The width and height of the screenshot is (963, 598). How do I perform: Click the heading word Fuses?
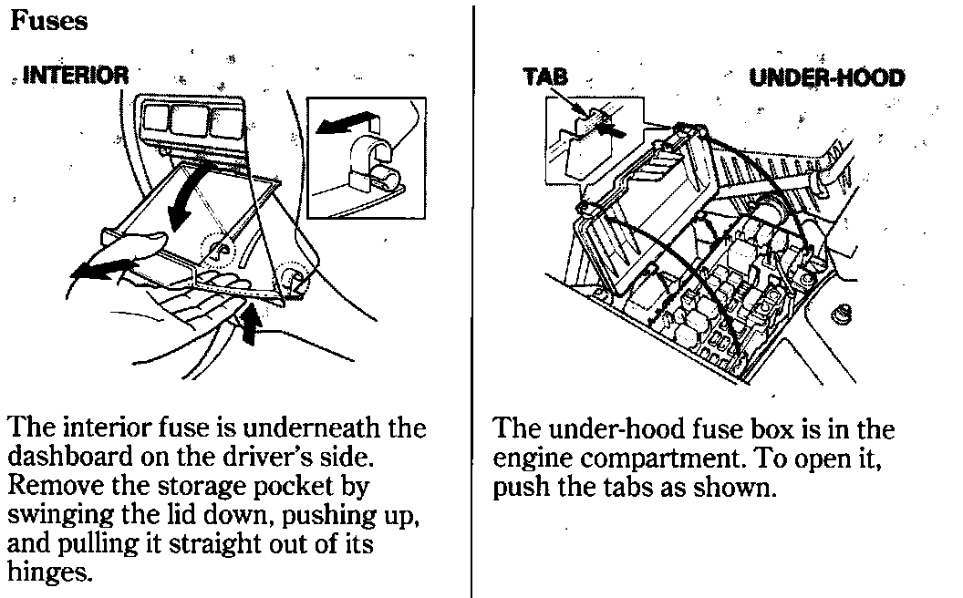pos(48,20)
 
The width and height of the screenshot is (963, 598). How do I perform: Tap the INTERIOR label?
pos(75,76)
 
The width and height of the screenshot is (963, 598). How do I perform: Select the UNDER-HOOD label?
pos(826,77)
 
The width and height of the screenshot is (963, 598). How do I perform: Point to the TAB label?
pos(545,77)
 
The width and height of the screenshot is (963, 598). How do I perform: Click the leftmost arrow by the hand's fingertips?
pos(98,270)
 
